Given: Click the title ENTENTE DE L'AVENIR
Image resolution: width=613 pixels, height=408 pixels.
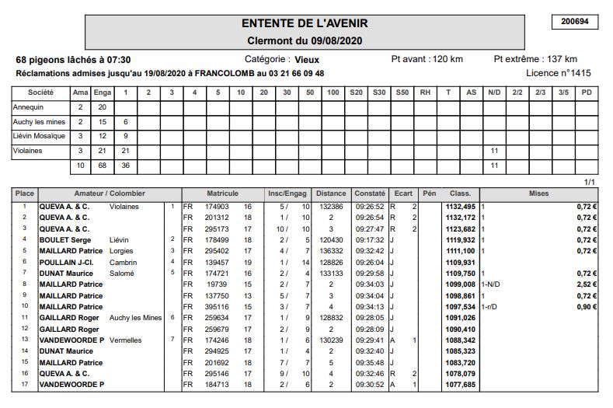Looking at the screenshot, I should (305, 24).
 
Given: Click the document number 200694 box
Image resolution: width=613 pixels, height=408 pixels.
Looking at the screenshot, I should (574, 22).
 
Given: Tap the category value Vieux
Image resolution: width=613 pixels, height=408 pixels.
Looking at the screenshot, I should (307, 59).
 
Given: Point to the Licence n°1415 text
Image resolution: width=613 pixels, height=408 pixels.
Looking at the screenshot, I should (559, 73).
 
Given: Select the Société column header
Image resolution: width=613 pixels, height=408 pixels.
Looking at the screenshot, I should (40, 92).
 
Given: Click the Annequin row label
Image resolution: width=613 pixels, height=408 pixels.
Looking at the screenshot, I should (29, 106).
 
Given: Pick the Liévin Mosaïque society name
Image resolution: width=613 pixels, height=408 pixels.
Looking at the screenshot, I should (39, 136).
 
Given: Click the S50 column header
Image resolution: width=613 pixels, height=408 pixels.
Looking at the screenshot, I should (402, 92).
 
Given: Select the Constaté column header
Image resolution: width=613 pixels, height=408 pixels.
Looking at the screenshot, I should (370, 193).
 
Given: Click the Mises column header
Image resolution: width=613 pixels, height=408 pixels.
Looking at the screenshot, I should (538, 193).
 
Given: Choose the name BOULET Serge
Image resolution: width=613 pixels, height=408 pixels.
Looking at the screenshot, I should (65, 240).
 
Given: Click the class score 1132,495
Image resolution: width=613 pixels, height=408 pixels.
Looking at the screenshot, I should (460, 207).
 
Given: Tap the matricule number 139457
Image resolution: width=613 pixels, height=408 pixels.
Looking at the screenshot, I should (217, 263).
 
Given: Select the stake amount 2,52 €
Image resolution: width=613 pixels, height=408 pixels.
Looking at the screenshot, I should (587, 285).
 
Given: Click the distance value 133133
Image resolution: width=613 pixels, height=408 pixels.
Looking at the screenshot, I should (331, 274).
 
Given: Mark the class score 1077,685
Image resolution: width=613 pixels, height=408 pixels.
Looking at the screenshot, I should (460, 384).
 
